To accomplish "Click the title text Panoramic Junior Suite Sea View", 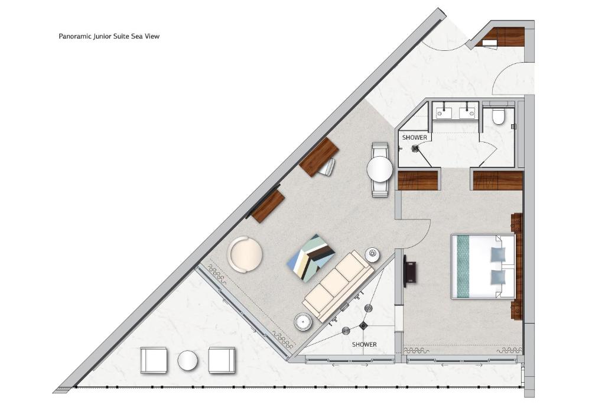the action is pyautogui.click(x=109, y=36).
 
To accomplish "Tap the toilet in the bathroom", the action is pyautogui.click(x=498, y=117).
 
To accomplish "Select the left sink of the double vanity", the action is pyautogui.click(x=444, y=113).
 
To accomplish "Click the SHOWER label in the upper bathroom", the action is pyautogui.click(x=414, y=137).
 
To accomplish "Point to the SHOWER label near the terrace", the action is pyautogui.click(x=364, y=344).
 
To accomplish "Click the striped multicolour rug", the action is pyautogui.click(x=311, y=258).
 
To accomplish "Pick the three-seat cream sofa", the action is pyautogui.click(x=339, y=287).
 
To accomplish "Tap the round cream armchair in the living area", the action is pyautogui.click(x=245, y=254).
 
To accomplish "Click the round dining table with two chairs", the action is pyautogui.click(x=380, y=169).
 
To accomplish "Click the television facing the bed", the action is pyautogui.click(x=409, y=271).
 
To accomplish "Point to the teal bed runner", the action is pyautogui.click(x=463, y=266).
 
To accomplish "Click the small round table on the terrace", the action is pyautogui.click(x=187, y=360).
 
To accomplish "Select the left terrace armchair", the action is pyautogui.click(x=154, y=360).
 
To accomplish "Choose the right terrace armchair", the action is pyautogui.click(x=222, y=360).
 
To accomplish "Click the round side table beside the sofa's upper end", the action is pyautogui.click(x=373, y=254).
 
